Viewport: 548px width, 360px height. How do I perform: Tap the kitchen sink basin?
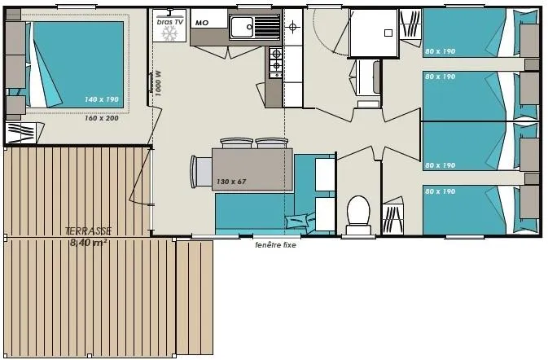[243, 29]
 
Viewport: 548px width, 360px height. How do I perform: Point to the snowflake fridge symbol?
[170, 34]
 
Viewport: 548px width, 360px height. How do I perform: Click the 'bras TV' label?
[169, 22]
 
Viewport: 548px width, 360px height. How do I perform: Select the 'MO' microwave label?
[200, 23]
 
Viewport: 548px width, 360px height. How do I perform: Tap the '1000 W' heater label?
[159, 83]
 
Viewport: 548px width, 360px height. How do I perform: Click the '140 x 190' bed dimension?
[102, 99]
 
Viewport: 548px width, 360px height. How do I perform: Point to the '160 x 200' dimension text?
[102, 118]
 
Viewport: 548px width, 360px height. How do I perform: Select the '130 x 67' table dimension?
[230, 181]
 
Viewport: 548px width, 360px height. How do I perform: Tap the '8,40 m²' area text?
[89, 242]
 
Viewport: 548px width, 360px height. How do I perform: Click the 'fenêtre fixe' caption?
[275, 245]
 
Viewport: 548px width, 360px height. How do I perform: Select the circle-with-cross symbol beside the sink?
[293, 27]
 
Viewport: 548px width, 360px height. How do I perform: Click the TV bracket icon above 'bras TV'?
[169, 13]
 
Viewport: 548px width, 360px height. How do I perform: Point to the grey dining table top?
[252, 169]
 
